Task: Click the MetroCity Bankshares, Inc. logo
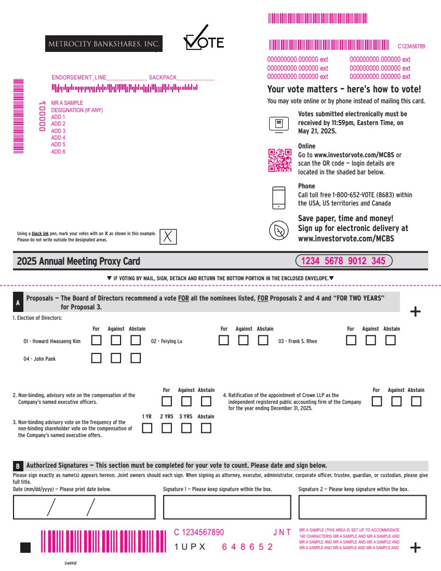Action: click(x=104, y=44)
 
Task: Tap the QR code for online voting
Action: click(x=280, y=160)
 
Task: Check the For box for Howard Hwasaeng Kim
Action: click(x=96, y=340)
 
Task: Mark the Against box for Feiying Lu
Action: click(x=243, y=340)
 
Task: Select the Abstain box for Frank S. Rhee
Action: click(x=390, y=340)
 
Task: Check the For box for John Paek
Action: click(x=96, y=358)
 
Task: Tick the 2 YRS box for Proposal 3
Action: click(x=167, y=428)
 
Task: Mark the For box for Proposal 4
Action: click(x=377, y=401)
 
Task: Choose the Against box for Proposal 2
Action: click(x=186, y=401)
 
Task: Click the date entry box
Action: click(x=84, y=507)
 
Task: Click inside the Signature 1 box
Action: click(x=227, y=507)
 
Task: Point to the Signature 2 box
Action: click(x=362, y=507)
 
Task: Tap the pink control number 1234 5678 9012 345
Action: click(x=344, y=261)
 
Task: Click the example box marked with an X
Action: click(x=168, y=237)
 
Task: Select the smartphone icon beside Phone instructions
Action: click(x=279, y=198)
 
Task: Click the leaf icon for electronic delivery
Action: click(x=279, y=230)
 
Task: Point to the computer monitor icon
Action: click(x=279, y=125)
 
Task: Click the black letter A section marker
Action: click(x=18, y=302)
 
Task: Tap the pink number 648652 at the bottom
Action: click(x=247, y=547)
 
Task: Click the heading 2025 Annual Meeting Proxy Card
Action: click(x=78, y=261)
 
